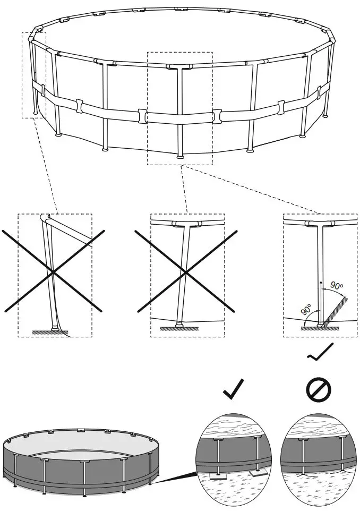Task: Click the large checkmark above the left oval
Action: tap(234, 390)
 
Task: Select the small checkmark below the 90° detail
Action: tap(320, 352)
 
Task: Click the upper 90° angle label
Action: tap(336, 286)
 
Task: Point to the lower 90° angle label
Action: tap(307, 309)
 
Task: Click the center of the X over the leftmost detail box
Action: tap(53, 271)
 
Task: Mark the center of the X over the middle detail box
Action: tap(185, 272)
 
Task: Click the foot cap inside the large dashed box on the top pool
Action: tap(181, 157)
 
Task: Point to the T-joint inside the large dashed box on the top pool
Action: tap(179, 67)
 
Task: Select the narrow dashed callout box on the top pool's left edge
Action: tap(34, 75)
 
